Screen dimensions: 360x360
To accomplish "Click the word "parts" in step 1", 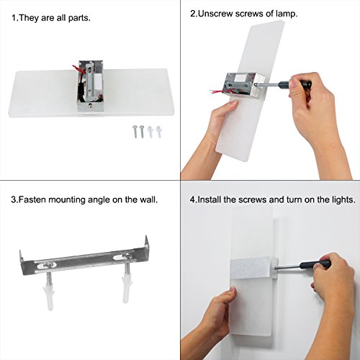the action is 79,19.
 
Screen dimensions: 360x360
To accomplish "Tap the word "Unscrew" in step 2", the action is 216,14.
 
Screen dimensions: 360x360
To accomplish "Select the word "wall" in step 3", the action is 148,199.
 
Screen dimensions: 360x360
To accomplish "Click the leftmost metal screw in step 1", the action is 135,132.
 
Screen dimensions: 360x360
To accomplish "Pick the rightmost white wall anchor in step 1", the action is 158,132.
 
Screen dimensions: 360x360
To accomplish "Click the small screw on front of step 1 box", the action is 91,105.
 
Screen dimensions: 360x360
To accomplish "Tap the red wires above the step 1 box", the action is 79,69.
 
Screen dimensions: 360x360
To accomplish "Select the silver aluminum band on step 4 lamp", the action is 253,268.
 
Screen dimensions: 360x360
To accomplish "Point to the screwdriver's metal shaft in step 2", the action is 268,84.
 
